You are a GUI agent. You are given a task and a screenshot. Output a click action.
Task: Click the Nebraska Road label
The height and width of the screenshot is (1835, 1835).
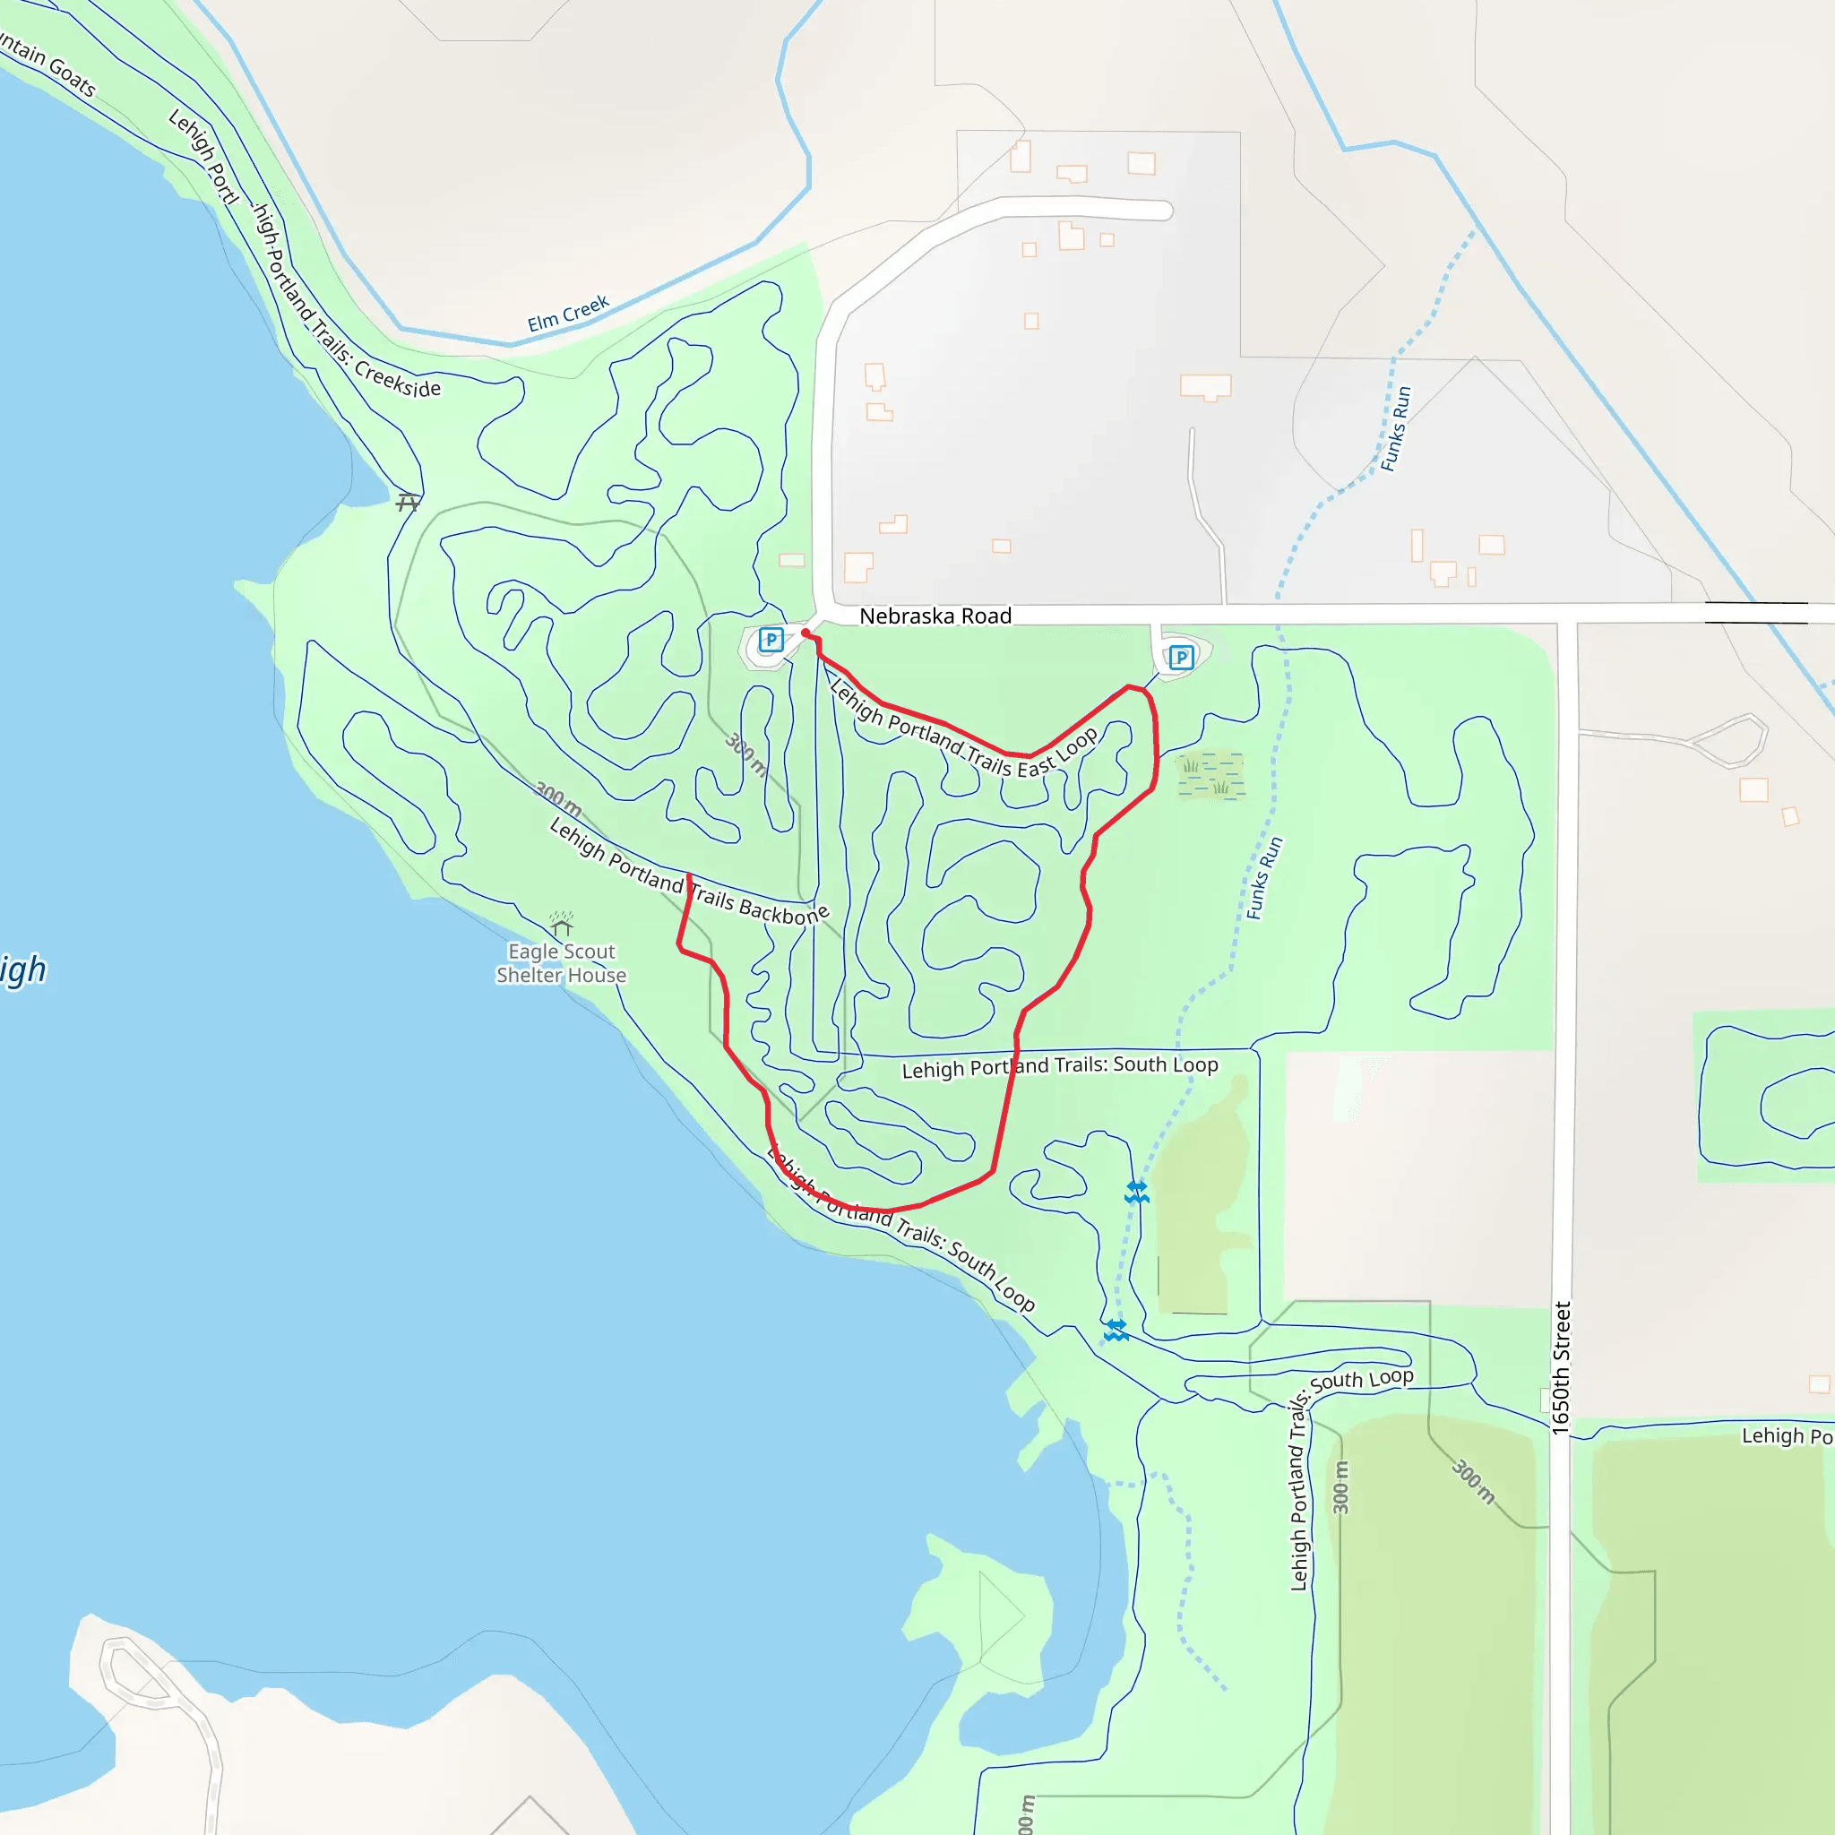tap(935, 616)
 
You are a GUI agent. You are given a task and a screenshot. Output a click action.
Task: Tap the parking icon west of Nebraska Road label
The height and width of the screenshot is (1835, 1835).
tap(771, 639)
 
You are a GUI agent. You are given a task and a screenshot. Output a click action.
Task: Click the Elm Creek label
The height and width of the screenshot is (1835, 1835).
tap(568, 314)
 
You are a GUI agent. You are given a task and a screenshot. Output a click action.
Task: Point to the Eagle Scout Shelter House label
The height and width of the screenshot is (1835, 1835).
tap(560, 963)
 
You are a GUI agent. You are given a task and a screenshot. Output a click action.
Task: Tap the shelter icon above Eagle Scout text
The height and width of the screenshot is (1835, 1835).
tap(561, 923)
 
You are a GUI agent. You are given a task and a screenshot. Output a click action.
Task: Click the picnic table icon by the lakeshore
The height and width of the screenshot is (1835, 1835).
tap(408, 502)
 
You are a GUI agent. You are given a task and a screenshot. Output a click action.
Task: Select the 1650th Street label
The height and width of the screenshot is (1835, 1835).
tap(1562, 1366)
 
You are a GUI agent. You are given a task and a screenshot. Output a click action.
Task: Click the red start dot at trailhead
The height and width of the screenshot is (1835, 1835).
tap(806, 633)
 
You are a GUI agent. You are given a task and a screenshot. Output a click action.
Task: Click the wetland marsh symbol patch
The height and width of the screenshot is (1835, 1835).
tap(1210, 775)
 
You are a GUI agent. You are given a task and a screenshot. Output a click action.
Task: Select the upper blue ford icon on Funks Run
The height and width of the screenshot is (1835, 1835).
tap(1137, 1192)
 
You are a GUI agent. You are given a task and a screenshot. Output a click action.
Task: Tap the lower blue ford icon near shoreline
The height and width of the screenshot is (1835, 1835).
tap(1116, 1330)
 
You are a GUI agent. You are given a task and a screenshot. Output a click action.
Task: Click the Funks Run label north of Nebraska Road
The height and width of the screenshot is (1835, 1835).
tap(1395, 428)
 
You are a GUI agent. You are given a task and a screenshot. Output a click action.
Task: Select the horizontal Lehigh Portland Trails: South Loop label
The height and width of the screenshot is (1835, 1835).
tap(1059, 1065)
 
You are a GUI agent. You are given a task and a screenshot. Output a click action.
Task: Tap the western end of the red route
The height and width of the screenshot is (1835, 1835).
tap(689, 874)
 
